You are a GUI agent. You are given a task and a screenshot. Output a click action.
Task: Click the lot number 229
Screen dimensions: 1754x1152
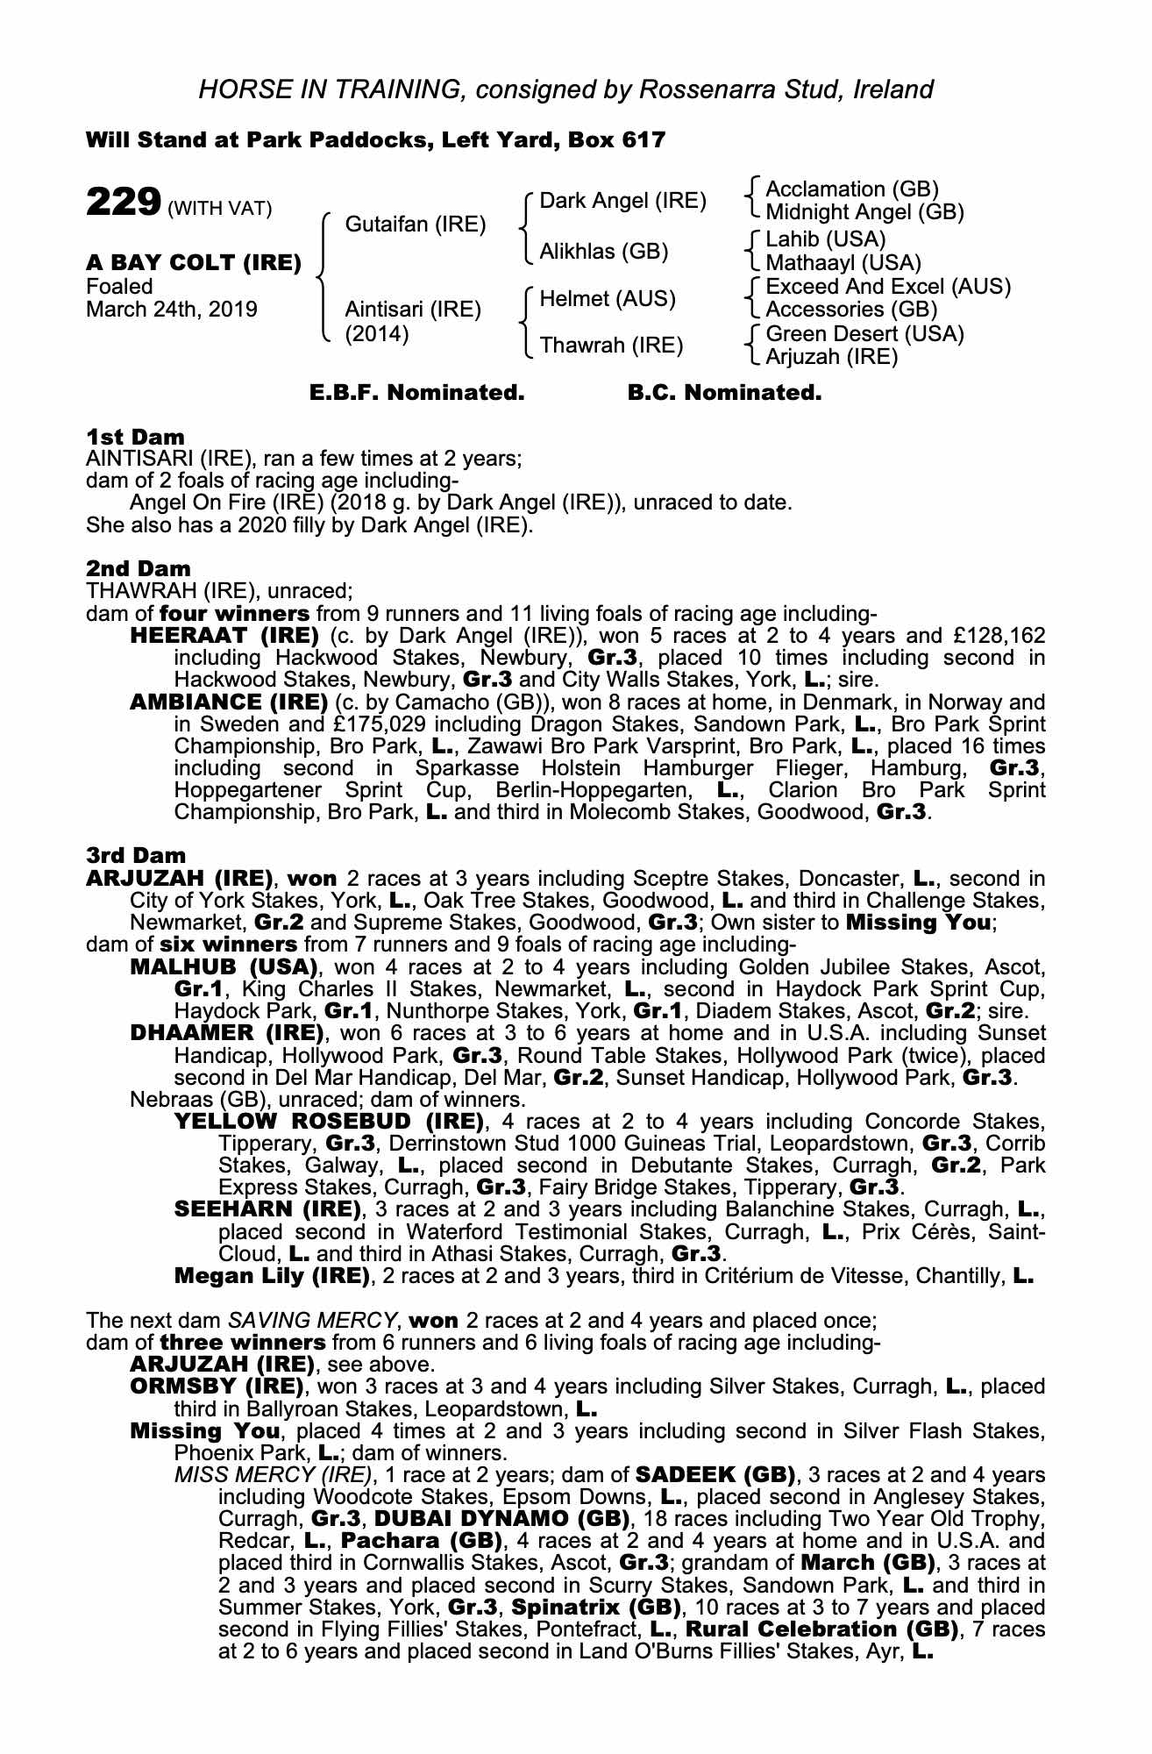click(x=123, y=202)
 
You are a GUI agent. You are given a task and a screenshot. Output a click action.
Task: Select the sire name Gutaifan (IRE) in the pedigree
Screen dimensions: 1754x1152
click(x=415, y=225)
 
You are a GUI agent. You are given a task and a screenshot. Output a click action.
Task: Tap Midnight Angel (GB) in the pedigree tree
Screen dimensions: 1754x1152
click(x=864, y=212)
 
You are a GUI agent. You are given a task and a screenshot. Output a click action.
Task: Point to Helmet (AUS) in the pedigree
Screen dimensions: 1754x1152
click(x=607, y=299)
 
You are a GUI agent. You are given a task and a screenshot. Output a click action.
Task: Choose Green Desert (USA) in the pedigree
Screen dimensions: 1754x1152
click(x=864, y=334)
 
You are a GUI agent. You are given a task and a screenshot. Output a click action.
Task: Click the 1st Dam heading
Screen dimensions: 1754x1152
click(x=135, y=437)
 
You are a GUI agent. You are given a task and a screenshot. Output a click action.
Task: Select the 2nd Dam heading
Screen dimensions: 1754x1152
click(x=138, y=568)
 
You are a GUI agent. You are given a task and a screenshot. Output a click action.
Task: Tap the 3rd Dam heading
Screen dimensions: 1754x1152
click(x=136, y=855)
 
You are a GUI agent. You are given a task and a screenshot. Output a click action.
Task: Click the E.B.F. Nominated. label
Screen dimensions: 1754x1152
click(x=417, y=393)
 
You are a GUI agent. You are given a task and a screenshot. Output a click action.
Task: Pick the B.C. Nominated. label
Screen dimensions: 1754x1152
click(x=724, y=393)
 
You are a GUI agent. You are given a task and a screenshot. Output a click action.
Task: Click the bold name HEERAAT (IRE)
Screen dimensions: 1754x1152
click(x=224, y=635)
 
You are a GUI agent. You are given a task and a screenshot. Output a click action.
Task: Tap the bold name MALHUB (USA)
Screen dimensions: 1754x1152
click(x=224, y=967)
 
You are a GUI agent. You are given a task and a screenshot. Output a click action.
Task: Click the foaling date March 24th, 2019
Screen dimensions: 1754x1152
click(x=172, y=310)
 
